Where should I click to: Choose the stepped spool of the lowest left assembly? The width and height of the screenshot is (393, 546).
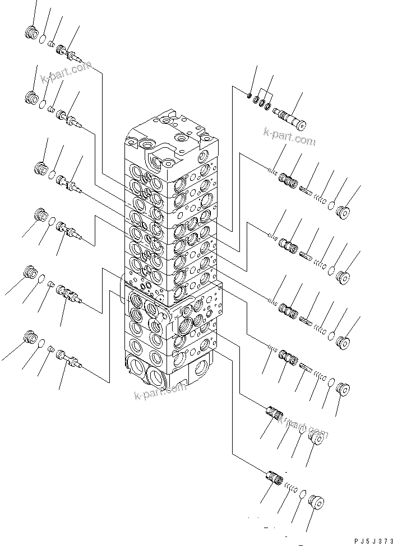tap(70, 362)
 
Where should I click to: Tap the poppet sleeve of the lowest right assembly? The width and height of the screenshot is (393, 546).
tap(275, 479)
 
